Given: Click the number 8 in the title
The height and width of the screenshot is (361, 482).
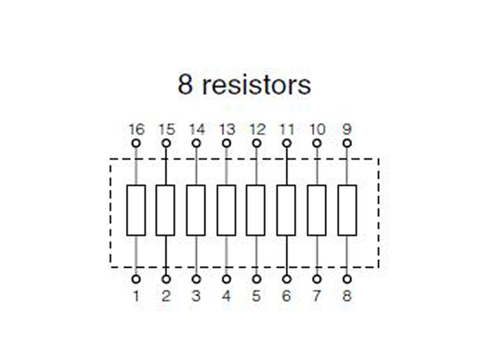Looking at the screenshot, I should [x=185, y=85].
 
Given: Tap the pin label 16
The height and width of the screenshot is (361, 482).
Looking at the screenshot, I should [x=136, y=128].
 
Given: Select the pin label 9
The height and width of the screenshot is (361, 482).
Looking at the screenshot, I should [x=347, y=128].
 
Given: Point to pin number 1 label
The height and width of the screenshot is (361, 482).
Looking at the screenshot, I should [x=136, y=296].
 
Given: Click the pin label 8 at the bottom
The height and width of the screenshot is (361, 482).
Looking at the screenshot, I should [x=347, y=296].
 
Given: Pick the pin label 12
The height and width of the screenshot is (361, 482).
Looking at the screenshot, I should [x=256, y=128].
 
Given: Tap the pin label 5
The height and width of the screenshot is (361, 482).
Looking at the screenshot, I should [x=256, y=296].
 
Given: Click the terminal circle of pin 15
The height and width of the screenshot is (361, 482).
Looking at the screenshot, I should [x=166, y=143].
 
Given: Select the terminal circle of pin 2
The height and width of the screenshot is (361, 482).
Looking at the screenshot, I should [x=166, y=279].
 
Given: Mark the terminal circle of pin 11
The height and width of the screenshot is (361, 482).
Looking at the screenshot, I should [x=287, y=143].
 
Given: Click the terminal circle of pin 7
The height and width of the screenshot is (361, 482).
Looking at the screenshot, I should [x=317, y=279].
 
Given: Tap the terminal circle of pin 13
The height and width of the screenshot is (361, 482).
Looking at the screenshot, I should [x=227, y=143].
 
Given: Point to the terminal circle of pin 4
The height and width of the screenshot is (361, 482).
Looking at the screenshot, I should [x=227, y=279].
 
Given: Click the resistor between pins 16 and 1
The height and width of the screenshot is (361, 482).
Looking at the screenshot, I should [x=136, y=210].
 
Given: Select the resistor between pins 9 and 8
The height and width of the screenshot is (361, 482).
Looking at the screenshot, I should [x=347, y=210].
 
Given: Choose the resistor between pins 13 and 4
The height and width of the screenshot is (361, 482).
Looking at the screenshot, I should [x=227, y=210].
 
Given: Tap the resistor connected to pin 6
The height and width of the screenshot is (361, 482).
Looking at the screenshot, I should [x=287, y=210].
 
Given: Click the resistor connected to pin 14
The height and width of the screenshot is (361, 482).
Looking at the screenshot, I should [x=196, y=210].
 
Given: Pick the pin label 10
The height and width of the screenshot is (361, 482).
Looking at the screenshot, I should [x=317, y=128].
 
